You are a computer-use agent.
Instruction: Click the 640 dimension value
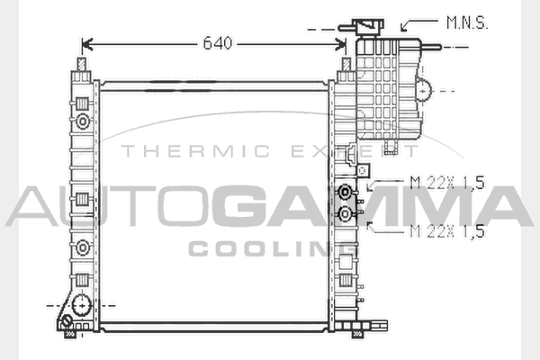point(218,43)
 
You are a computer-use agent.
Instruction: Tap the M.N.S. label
point(467,22)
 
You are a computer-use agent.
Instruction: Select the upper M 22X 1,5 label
point(447,183)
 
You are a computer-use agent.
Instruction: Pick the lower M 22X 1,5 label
point(447,230)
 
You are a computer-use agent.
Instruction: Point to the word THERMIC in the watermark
point(195,151)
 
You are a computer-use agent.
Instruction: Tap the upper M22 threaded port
point(345,192)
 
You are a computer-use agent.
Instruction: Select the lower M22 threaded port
point(345,214)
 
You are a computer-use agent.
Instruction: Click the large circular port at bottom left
point(82,305)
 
